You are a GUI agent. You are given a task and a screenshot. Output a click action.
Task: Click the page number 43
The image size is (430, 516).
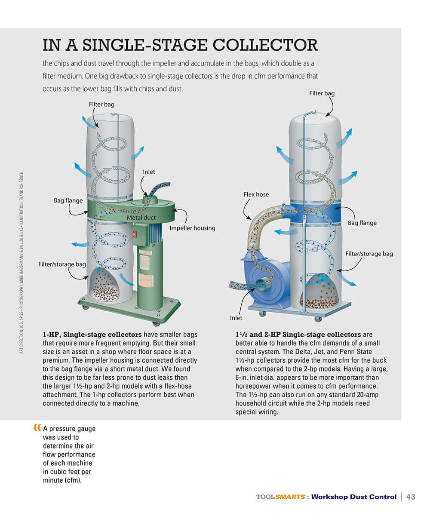coord(411,497)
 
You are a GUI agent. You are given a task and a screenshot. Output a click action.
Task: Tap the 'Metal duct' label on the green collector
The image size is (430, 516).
coord(141,218)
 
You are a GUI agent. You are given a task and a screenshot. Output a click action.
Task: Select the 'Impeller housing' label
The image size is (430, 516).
coord(192,228)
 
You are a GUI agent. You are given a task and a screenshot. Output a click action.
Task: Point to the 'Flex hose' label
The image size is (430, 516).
coord(256,194)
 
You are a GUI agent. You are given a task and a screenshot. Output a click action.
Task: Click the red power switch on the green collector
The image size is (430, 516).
coord(134,234)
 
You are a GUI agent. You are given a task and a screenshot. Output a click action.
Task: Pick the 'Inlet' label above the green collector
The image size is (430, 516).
coord(149,172)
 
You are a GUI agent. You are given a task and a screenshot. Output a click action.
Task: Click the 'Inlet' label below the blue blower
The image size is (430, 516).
coord(236,318)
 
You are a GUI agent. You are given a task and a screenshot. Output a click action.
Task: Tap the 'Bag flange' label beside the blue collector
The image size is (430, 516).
coord(362,223)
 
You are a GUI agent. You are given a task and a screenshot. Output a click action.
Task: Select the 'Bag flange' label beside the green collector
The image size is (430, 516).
coord(68,200)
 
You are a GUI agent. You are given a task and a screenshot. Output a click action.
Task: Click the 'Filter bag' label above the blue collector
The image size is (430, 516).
coord(322,93)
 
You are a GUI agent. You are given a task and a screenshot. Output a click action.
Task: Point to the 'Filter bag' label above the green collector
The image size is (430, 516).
coord(101,104)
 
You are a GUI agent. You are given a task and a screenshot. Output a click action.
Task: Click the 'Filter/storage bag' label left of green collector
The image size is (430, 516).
coord(62,264)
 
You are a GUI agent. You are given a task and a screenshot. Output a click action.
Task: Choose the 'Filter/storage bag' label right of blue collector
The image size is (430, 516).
coord(369,254)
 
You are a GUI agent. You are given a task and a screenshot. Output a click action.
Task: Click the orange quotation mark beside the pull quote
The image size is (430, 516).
coord(37,428)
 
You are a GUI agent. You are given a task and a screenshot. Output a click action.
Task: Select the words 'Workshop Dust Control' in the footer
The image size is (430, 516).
coord(353,497)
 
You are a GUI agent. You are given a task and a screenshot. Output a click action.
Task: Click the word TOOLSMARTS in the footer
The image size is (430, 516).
coord(280,497)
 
